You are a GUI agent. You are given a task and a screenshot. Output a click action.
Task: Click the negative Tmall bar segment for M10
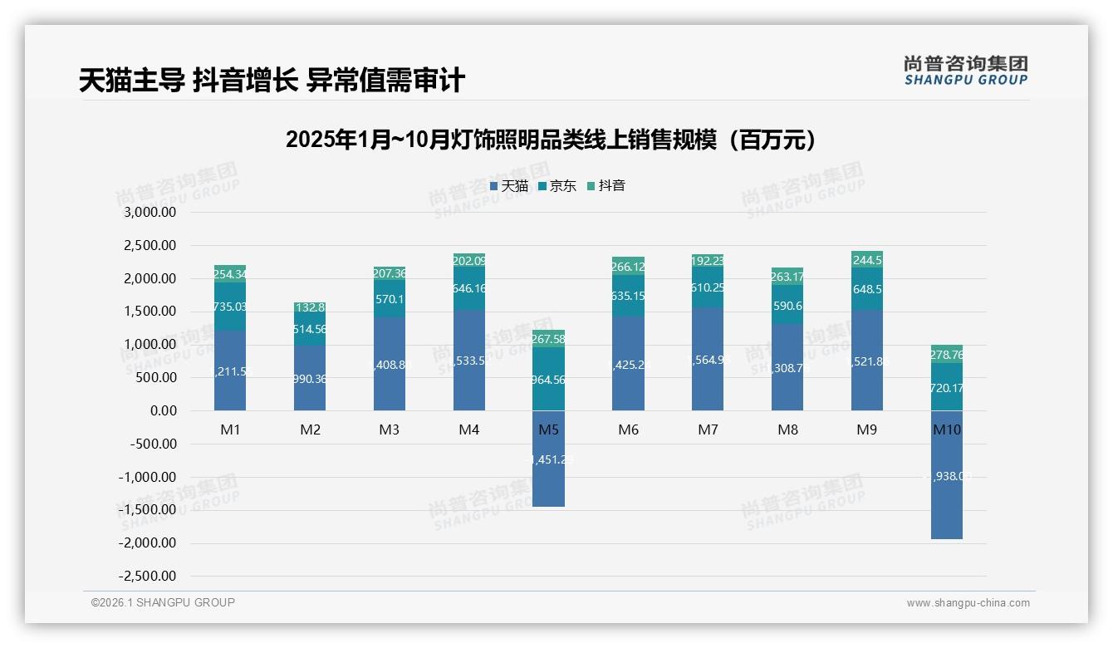[x=946, y=498]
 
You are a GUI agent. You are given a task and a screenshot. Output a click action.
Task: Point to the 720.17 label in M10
[x=946, y=388]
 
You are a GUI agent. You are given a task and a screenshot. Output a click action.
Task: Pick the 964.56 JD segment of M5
[x=548, y=379]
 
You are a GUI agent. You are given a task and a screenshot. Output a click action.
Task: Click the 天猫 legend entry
[x=509, y=186]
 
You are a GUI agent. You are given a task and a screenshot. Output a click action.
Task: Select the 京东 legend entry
[x=557, y=186]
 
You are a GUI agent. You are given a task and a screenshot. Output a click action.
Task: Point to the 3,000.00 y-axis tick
[x=150, y=212]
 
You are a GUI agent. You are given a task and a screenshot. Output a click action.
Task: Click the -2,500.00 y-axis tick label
[x=148, y=576]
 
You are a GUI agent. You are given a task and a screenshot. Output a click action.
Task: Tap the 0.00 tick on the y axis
[x=164, y=410]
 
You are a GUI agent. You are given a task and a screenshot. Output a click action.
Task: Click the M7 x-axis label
[x=708, y=430]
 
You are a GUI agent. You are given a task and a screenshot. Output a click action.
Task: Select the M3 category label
[x=389, y=430]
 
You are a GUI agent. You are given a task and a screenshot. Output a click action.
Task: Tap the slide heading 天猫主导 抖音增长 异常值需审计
[x=272, y=81]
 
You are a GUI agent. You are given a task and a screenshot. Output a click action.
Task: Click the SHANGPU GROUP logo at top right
[x=965, y=71]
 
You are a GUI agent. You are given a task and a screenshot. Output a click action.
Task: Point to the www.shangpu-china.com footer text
[x=968, y=603]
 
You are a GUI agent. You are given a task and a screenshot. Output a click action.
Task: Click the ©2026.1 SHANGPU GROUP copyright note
[x=163, y=602]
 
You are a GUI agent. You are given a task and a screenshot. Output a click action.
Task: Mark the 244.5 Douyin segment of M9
[x=867, y=258]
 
